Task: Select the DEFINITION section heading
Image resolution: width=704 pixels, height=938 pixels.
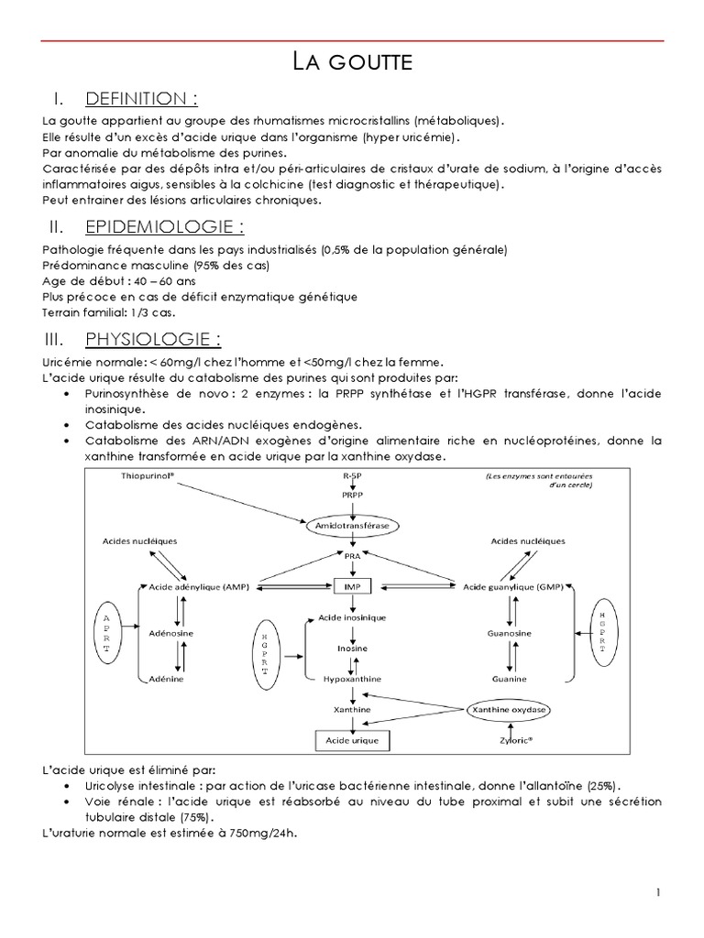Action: [x=142, y=98]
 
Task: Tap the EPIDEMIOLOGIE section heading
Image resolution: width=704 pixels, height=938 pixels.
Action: [x=164, y=226]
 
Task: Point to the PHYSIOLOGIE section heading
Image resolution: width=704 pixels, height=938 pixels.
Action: [x=152, y=341]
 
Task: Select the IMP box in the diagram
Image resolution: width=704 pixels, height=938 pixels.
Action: [x=350, y=584]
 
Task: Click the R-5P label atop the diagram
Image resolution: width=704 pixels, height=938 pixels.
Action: [x=350, y=476]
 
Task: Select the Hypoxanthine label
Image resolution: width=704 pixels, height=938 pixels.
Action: [x=350, y=679]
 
